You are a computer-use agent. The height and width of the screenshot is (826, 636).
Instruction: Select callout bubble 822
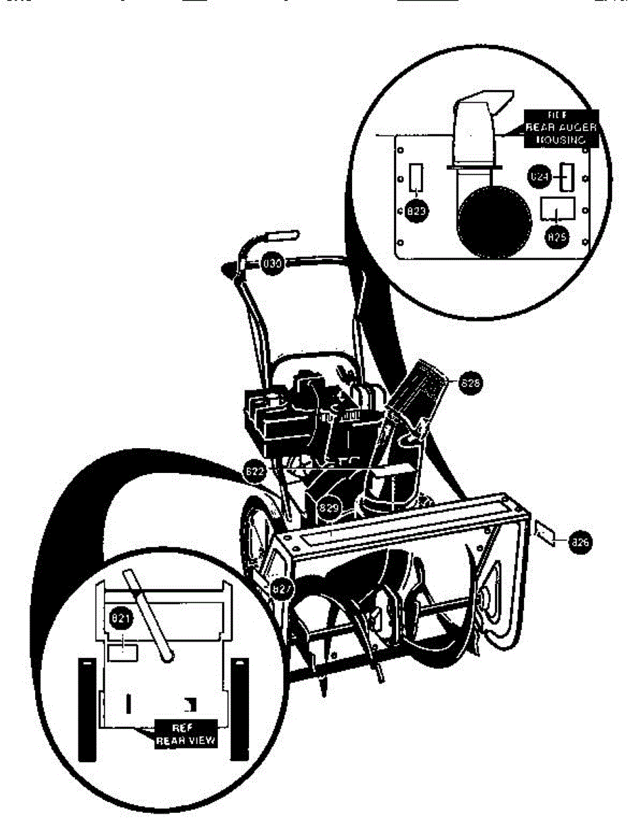click(x=254, y=472)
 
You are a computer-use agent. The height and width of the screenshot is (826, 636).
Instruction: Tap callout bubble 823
click(x=417, y=211)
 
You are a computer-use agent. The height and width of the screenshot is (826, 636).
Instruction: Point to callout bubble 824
click(x=539, y=177)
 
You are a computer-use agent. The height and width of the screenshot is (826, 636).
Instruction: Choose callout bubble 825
click(x=556, y=236)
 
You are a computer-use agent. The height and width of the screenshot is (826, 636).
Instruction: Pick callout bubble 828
click(x=470, y=383)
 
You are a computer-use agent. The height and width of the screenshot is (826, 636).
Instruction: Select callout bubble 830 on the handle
click(x=273, y=262)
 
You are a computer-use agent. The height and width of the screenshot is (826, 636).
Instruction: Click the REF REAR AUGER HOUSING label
click(x=562, y=127)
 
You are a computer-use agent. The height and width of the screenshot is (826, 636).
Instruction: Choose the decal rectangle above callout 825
click(x=558, y=207)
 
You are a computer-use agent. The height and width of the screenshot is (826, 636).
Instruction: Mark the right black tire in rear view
click(x=239, y=709)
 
